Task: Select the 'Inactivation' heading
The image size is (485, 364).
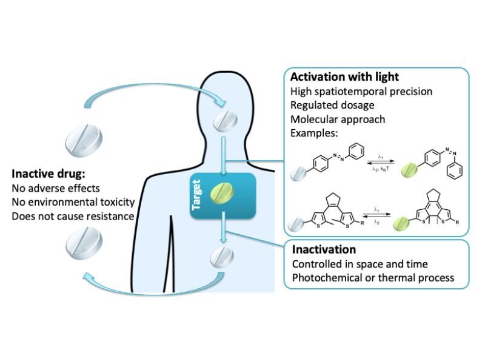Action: [324, 249]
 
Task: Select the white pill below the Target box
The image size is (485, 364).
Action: [221, 257]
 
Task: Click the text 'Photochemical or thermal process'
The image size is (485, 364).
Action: [373, 278]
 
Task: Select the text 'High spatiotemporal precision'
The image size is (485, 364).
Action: [361, 92]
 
